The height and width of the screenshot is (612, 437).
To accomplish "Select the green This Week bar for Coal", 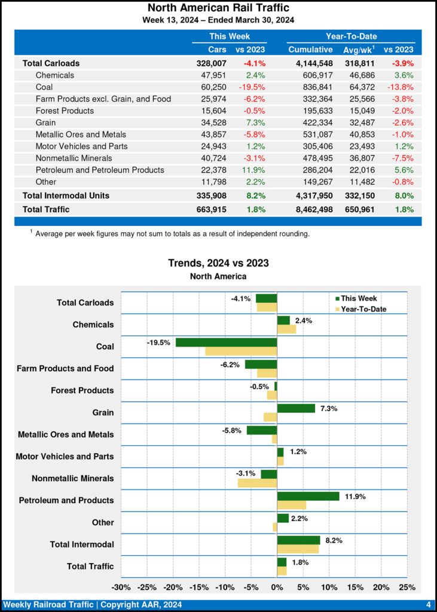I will (226, 342).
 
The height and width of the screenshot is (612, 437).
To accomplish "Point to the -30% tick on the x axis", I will (121, 587).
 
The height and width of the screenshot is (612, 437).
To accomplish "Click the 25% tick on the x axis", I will (407, 587).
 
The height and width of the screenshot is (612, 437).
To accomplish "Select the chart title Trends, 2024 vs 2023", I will (218, 263).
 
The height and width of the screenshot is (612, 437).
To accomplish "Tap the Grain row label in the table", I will (46, 123).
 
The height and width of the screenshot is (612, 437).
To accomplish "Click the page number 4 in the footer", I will (428, 605).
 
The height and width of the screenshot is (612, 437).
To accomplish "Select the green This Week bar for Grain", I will (296, 408).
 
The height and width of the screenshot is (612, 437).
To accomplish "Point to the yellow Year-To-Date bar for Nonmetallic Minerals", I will (257, 483).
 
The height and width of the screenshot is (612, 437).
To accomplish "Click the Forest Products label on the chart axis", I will (81, 390).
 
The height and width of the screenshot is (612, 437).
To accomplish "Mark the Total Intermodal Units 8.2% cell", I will (255, 195).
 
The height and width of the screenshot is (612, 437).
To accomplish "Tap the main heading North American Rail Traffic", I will (218, 8).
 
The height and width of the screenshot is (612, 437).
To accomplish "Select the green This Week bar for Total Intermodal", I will (298, 540).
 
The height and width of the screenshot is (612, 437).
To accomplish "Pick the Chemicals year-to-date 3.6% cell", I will (404, 75).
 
